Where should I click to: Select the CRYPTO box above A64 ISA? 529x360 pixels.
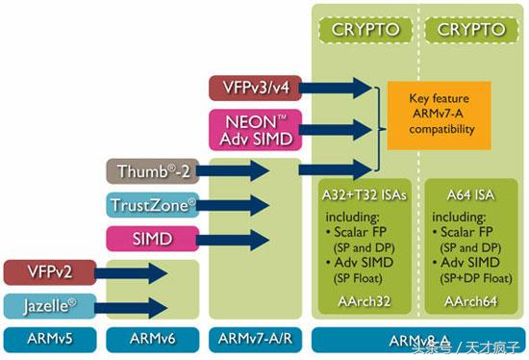click(x=471, y=30)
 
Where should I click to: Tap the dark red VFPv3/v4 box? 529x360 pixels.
click(x=252, y=89)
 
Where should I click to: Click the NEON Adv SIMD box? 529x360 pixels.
click(x=252, y=129)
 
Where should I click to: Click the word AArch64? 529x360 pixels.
click(x=471, y=301)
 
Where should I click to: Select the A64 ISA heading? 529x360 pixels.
click(x=471, y=194)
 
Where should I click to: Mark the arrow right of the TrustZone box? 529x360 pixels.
click(x=239, y=204)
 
